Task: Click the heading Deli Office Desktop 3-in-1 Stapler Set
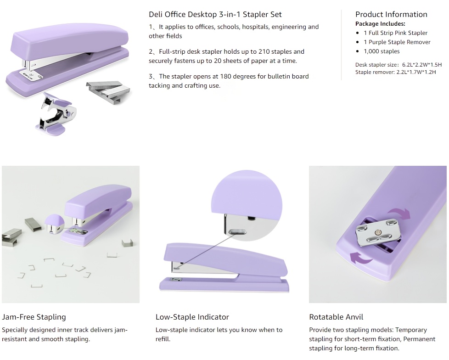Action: tap(215, 15)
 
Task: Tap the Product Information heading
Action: tap(391, 14)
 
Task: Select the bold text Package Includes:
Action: tap(380, 24)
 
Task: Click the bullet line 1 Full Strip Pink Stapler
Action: tap(395, 33)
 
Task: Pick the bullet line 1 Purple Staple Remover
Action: tap(397, 42)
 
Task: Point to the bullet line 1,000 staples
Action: tap(382, 51)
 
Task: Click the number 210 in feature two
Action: tap(264, 51)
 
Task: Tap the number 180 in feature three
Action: tap(225, 77)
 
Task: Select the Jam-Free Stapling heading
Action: tap(34, 317)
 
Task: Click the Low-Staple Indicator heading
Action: tap(192, 317)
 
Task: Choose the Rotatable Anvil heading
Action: tap(336, 317)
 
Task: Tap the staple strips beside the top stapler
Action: tap(108, 92)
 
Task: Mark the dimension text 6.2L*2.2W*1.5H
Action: tap(422, 65)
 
